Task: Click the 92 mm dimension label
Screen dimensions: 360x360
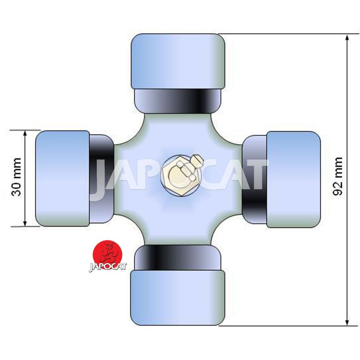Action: tap(338, 176)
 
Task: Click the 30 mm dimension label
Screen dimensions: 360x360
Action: tap(16, 177)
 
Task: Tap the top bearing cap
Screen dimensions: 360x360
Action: tap(178, 62)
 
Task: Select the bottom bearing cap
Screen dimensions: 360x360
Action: tap(178, 297)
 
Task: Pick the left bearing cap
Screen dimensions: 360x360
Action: tap(63, 178)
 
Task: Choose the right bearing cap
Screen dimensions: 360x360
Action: tap(293, 180)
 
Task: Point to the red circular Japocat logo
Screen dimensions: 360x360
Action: tap(107, 254)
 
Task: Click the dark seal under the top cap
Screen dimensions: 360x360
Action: tap(177, 101)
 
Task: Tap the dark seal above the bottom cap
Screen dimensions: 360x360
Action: tap(177, 257)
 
